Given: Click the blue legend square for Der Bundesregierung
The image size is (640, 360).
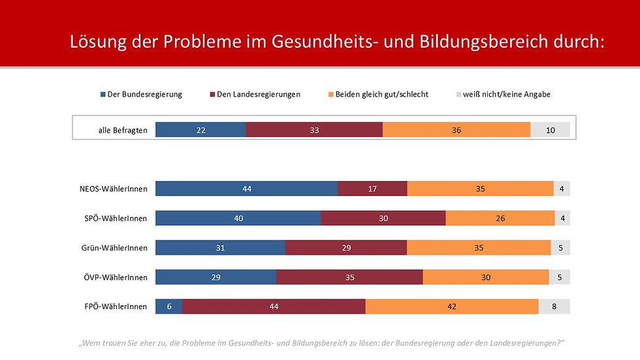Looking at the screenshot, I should [x=103, y=95].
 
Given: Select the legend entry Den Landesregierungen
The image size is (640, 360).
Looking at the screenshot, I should [x=257, y=94].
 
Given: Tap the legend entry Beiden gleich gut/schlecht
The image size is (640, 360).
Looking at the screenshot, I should [x=381, y=94].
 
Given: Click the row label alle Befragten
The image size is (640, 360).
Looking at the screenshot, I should [x=123, y=130].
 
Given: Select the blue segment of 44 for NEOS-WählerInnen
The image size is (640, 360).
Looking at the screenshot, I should [x=246, y=189].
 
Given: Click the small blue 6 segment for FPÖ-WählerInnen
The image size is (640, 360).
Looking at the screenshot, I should [x=168, y=306].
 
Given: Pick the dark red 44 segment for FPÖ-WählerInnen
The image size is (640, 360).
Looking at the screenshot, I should [x=274, y=306].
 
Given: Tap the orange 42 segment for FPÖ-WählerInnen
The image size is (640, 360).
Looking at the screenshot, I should [x=452, y=306].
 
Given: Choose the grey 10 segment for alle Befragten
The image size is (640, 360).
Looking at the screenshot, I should [x=550, y=130].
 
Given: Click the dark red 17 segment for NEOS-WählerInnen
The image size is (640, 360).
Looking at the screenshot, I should [x=372, y=189].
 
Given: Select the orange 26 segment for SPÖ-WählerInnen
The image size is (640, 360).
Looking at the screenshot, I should [x=500, y=218].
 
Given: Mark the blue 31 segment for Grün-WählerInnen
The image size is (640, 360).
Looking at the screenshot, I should [x=220, y=248].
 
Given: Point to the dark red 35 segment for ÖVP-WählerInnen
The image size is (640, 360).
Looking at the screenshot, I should [x=349, y=277].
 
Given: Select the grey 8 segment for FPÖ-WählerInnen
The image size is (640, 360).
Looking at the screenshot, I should [x=554, y=306].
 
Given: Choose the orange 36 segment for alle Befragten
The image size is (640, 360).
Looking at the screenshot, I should [x=456, y=130].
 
